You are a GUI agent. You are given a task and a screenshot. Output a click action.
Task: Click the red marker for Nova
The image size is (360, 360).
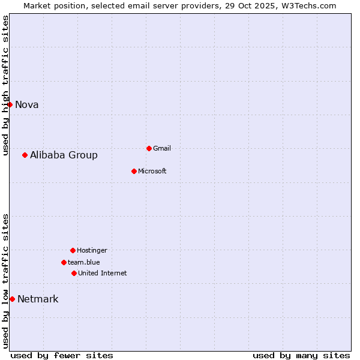tap(10, 105)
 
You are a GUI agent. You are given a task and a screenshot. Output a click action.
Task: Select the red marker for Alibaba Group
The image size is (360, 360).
tap(25, 155)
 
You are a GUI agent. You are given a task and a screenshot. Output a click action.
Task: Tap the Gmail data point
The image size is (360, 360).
tap(149, 148)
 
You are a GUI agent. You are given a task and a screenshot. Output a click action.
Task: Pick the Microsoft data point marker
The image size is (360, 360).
tap(134, 172)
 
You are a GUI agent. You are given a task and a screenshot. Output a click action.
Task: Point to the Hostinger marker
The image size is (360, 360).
tap(73, 250)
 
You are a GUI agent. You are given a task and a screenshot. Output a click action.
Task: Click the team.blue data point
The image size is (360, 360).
tap(64, 262)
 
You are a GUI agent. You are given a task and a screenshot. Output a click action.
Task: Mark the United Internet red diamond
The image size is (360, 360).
tap(74, 273)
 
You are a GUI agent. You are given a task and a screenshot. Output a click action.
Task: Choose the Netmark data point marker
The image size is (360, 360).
tap(12, 299)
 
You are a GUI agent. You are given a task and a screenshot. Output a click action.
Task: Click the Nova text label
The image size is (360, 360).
tap(27, 105)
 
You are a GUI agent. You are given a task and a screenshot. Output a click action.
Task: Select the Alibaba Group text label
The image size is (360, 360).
tap(64, 155)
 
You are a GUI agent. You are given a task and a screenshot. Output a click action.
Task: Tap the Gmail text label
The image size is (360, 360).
tap(162, 148)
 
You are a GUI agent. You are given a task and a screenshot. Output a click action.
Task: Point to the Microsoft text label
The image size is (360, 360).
tap(152, 172)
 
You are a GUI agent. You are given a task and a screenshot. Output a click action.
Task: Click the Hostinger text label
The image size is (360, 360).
tap(92, 250)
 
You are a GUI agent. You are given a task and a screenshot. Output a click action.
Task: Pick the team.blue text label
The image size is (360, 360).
tap(84, 262)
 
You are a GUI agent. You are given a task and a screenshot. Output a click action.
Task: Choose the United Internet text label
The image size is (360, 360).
tap(103, 273)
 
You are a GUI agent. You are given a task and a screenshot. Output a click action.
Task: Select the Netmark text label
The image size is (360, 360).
tap(38, 299)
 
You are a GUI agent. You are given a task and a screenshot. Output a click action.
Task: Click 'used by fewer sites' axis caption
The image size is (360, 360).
tap(62, 355)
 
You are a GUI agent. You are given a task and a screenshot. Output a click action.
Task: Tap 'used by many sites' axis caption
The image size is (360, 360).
tap(301, 355)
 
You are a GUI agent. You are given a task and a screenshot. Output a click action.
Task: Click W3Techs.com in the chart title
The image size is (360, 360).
tap(310, 5)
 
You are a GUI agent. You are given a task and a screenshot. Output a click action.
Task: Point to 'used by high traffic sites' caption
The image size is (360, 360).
tap(6, 85)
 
